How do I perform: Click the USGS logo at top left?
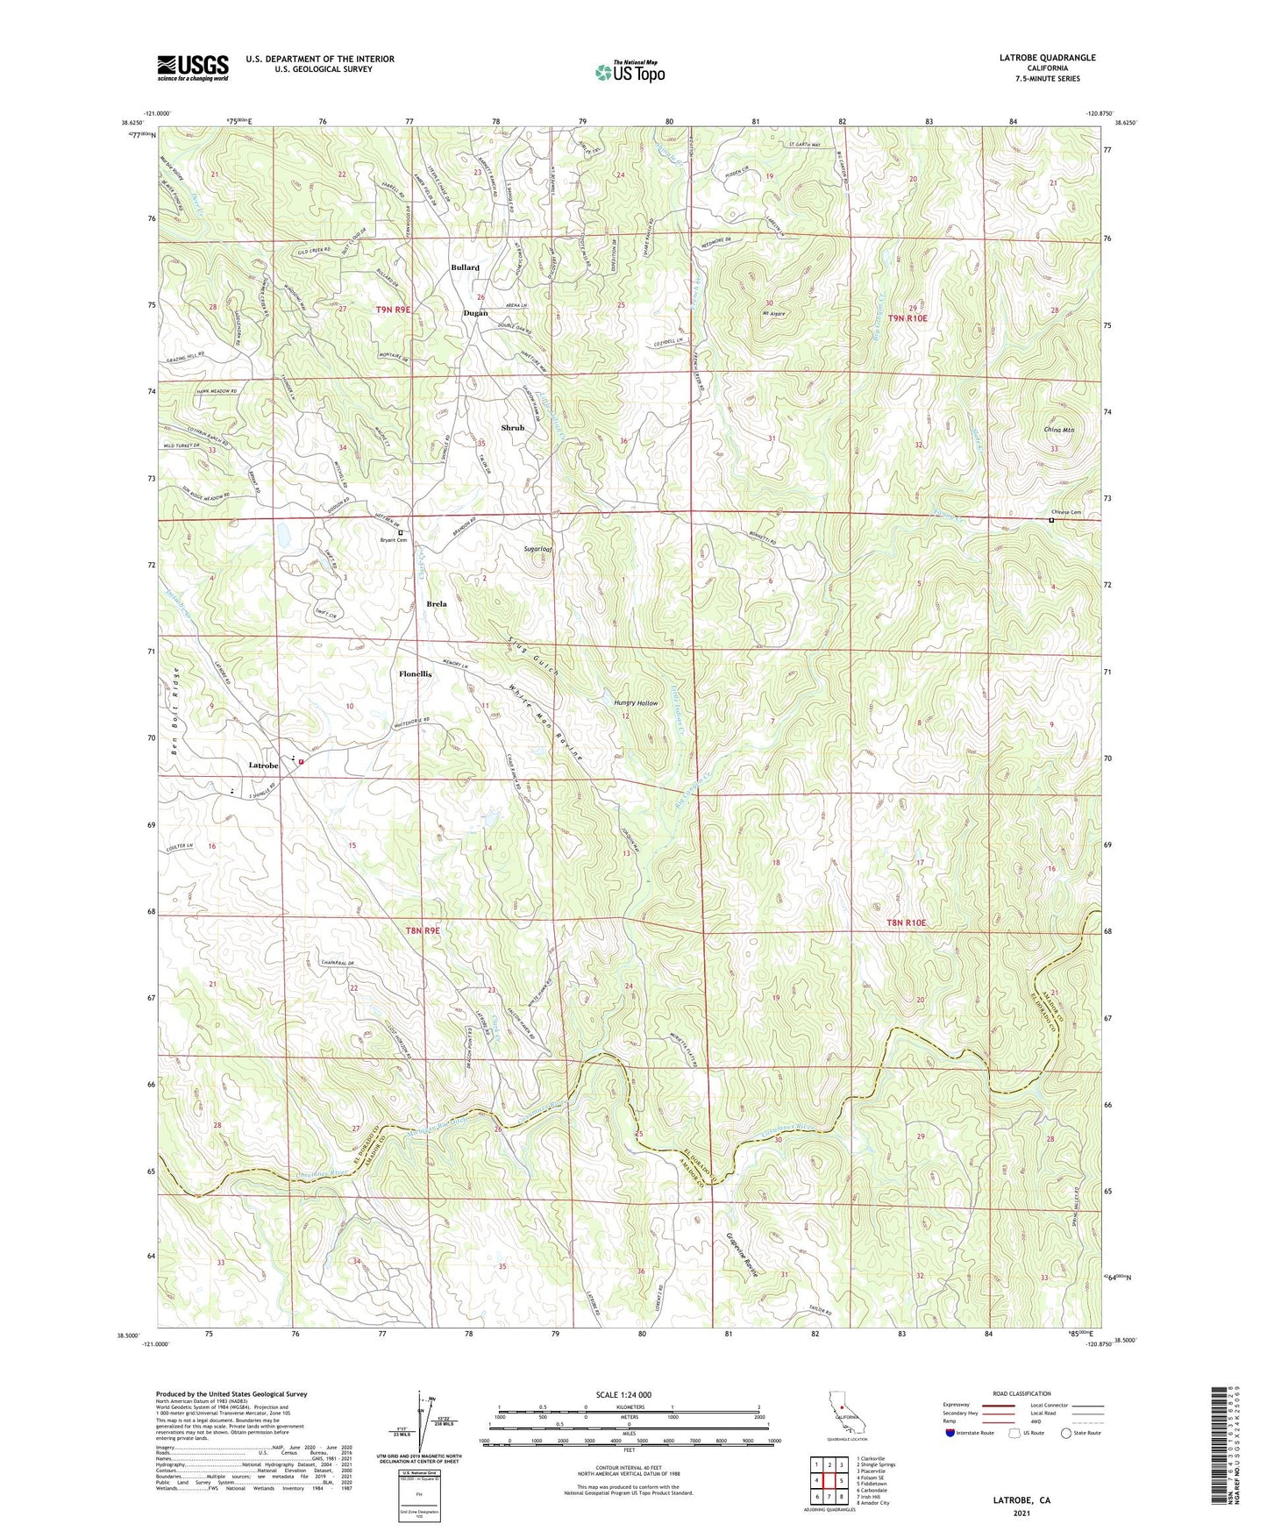(x=193, y=67)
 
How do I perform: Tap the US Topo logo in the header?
(x=630, y=72)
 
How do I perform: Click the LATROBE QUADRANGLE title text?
(x=1047, y=58)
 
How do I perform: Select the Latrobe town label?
(x=263, y=765)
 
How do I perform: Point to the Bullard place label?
(x=465, y=267)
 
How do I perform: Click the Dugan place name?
(x=475, y=313)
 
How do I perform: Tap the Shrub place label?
(x=512, y=428)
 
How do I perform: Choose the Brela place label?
(x=437, y=604)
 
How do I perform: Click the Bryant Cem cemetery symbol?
(x=401, y=532)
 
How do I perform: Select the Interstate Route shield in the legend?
(x=950, y=1433)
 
